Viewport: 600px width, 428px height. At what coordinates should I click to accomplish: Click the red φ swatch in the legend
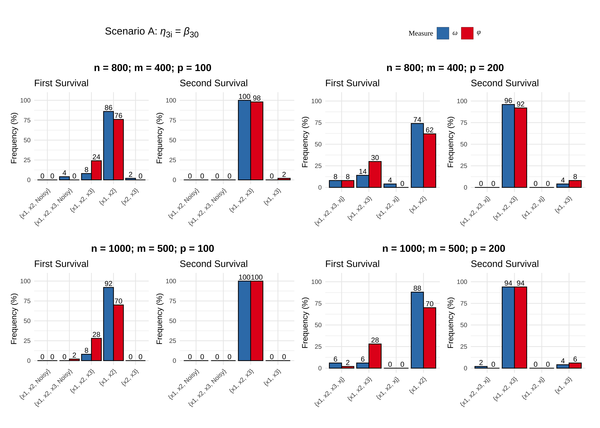(467, 33)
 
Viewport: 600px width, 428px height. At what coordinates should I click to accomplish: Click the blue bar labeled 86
(109, 146)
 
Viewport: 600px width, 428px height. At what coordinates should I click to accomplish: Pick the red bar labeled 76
(118, 149)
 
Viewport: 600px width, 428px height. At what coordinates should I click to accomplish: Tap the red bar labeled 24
(96, 170)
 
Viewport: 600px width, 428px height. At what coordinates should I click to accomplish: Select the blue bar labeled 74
(417, 155)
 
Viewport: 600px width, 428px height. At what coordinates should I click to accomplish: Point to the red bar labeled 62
(430, 161)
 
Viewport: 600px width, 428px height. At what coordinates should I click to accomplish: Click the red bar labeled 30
(375, 174)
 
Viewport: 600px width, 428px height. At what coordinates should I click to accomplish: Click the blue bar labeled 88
(417, 330)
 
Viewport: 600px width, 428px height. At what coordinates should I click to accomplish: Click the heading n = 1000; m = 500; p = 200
(443, 249)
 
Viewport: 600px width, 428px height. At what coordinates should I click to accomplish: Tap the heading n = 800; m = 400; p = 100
(153, 68)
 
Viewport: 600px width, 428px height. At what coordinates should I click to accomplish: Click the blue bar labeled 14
(363, 181)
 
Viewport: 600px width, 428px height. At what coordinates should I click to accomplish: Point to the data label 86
(109, 108)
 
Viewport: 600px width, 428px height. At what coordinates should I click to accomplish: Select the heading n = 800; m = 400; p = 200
(445, 68)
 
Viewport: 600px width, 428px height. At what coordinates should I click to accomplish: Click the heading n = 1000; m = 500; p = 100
(153, 249)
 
